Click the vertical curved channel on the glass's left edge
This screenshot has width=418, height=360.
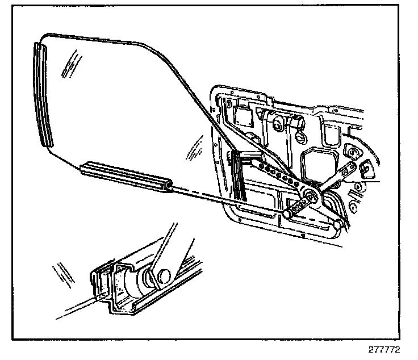click(x=43, y=94)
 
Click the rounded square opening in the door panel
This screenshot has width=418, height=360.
click(x=316, y=162)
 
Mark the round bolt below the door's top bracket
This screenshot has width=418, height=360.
click(x=278, y=123)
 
